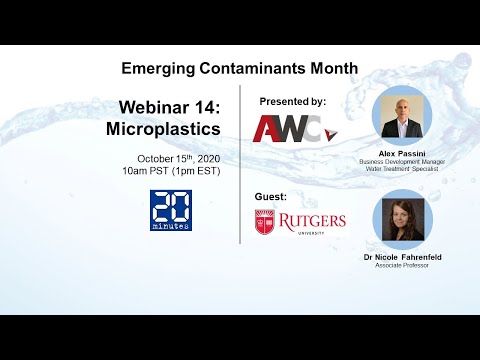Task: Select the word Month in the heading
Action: click(331, 69)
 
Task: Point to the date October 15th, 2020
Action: click(179, 158)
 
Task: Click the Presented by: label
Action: click(292, 101)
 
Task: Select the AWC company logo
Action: click(292, 129)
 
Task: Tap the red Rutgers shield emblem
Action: click(264, 222)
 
